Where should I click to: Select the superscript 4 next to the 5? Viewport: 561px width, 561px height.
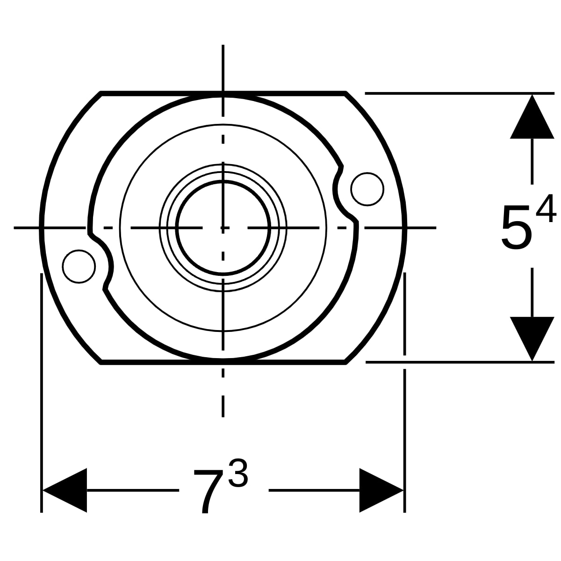click(x=546, y=208)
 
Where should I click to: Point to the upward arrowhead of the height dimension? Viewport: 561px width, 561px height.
click(x=532, y=116)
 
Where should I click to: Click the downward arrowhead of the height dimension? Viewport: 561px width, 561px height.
click(x=532, y=339)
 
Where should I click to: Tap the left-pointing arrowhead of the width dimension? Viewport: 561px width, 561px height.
click(x=65, y=490)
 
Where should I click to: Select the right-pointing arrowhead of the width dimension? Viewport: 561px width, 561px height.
click(x=381, y=490)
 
